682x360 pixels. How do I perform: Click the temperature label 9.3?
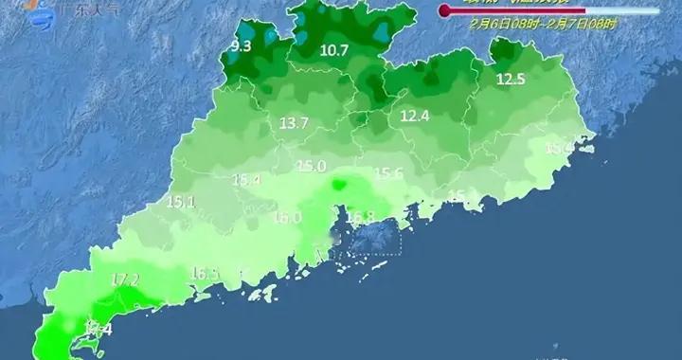click(x=242, y=45)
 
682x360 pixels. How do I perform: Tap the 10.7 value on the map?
click(x=334, y=50)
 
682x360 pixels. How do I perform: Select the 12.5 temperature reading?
click(x=511, y=80)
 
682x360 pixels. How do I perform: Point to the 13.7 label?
click(x=295, y=123)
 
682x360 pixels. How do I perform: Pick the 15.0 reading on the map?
click(x=311, y=167)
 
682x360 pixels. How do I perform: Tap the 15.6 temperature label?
click(x=389, y=173)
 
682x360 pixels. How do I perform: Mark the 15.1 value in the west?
click(x=180, y=202)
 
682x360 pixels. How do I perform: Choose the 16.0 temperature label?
click(x=287, y=218)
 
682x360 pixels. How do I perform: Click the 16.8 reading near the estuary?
click(x=360, y=217)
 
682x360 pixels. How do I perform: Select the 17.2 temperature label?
click(x=125, y=279)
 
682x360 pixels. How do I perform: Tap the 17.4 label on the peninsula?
click(x=98, y=329)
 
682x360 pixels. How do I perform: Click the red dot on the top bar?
click(x=443, y=10)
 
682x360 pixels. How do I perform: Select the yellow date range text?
click(x=543, y=25)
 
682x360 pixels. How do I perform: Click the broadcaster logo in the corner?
click(x=38, y=9)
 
